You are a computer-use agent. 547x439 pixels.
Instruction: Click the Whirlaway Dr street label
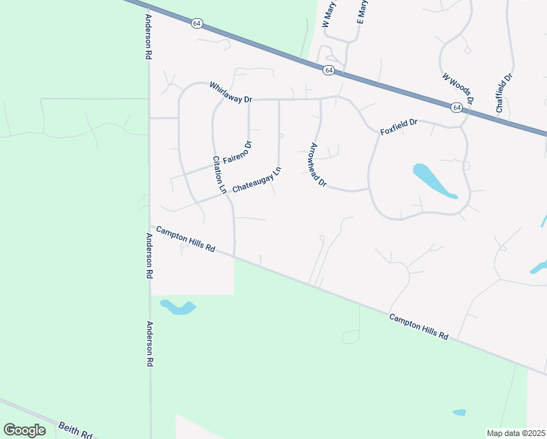click(230, 91)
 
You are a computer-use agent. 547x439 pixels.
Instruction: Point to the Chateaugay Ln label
click(257, 180)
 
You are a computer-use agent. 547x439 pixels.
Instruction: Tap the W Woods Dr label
click(459, 88)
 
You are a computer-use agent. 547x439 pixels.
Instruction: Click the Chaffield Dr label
click(504, 92)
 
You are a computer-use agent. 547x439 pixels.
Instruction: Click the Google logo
click(24, 429)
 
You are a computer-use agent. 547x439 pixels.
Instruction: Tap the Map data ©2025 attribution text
click(515, 433)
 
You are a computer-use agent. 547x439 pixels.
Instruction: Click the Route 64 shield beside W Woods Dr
click(456, 108)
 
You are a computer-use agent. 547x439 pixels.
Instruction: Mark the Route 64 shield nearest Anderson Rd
click(197, 23)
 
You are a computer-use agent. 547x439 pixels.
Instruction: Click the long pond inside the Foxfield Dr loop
click(434, 181)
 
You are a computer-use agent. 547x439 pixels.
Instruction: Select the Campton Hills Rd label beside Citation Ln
click(185, 239)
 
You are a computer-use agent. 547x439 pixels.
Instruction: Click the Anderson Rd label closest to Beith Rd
click(150, 345)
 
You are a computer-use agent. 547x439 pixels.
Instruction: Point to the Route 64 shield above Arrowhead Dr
click(329, 70)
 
